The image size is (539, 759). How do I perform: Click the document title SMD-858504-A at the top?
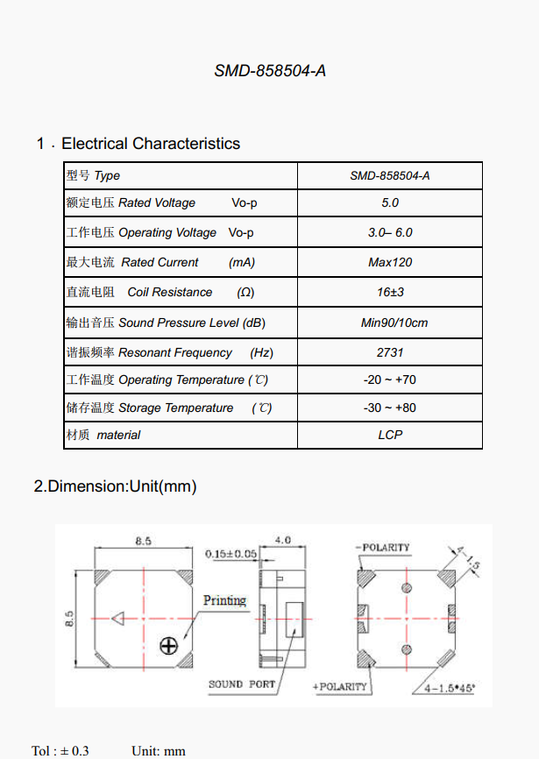click(x=270, y=71)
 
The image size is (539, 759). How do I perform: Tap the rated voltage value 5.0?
click(x=390, y=202)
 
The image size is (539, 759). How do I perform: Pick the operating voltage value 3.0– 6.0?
click(x=390, y=232)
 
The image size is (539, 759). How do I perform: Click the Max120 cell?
click(x=390, y=262)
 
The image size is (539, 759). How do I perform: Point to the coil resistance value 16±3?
click(x=390, y=292)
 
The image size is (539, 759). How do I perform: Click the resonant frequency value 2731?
click(x=390, y=352)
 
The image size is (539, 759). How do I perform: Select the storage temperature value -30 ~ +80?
click(x=390, y=408)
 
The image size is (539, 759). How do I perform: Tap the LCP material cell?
click(x=390, y=435)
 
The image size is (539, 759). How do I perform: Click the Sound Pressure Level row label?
click(x=165, y=323)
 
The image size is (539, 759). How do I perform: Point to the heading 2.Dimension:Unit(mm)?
click(x=115, y=486)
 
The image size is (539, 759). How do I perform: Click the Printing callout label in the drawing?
click(x=225, y=600)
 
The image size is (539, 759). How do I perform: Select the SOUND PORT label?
click(x=241, y=684)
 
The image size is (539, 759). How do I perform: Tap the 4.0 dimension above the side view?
click(x=283, y=541)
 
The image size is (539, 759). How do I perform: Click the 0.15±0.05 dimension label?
click(x=230, y=554)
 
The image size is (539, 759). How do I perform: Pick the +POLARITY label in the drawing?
click(x=341, y=686)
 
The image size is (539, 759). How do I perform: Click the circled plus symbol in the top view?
click(x=168, y=645)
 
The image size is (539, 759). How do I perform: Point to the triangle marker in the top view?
click(x=117, y=618)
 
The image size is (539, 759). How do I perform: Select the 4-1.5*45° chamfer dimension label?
click(x=449, y=688)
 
